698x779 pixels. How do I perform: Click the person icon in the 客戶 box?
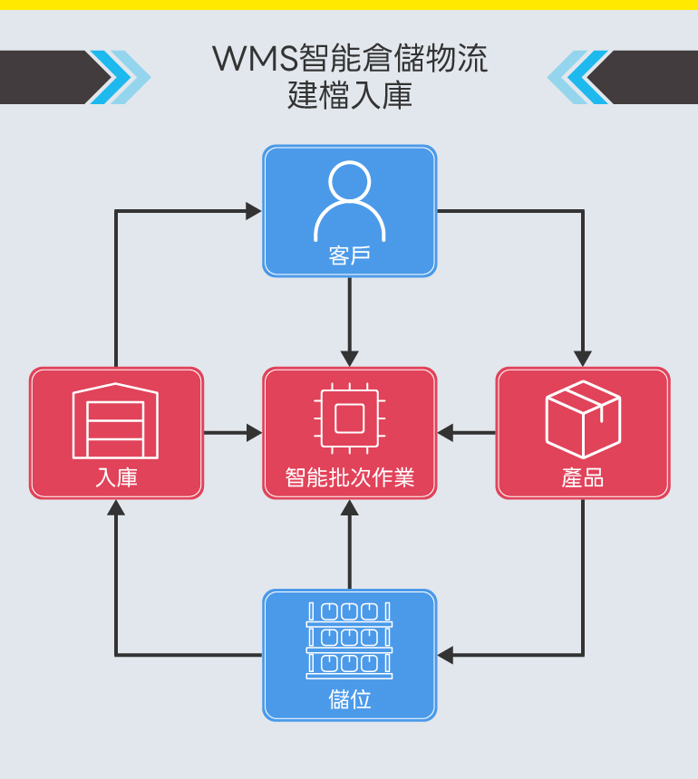click(349, 201)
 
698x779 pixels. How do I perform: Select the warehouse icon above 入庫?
click(115, 419)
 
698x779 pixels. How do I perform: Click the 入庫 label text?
click(116, 476)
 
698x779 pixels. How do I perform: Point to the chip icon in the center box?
click(349, 418)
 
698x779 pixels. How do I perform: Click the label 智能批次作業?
click(349, 476)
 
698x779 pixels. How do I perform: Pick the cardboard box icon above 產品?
click(582, 418)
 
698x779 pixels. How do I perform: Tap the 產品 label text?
click(582, 476)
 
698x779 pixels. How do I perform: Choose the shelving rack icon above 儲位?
click(349, 640)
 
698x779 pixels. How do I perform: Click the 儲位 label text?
click(349, 699)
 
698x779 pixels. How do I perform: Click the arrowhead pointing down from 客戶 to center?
click(349, 358)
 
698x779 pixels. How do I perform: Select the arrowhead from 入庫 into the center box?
click(253, 433)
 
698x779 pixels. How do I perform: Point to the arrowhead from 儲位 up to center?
click(349, 508)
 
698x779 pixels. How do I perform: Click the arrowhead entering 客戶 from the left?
click(253, 211)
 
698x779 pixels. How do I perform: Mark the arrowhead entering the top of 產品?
click(582, 358)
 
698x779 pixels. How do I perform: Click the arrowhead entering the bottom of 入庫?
click(116, 508)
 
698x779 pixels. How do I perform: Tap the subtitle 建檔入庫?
click(349, 95)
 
